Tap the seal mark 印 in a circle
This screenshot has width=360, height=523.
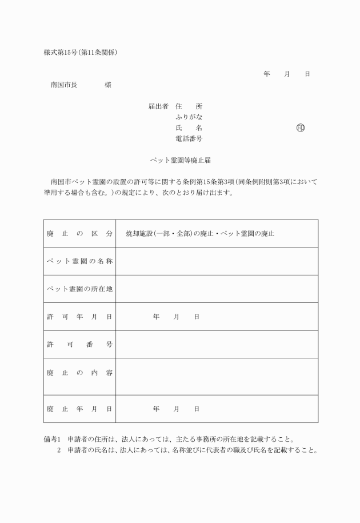point(301,127)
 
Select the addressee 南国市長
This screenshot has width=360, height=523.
point(64,85)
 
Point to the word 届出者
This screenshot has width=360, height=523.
point(158,106)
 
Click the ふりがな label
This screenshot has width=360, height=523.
point(189,117)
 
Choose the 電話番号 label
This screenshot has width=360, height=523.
point(189,138)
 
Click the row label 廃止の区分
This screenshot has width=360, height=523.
point(79,234)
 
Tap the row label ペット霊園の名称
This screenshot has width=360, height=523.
point(79,261)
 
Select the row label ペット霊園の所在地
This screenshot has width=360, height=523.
point(79,289)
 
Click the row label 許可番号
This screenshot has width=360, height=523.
point(79,344)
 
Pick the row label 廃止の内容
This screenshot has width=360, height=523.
point(79,373)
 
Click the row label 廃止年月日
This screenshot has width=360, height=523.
point(79,409)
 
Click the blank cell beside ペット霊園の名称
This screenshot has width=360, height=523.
point(217,261)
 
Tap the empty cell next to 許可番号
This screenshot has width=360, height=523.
point(217,344)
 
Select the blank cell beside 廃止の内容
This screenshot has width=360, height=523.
point(217,376)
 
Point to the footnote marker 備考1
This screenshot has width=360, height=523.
point(52,439)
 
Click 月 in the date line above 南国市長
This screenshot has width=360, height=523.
point(287,74)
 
